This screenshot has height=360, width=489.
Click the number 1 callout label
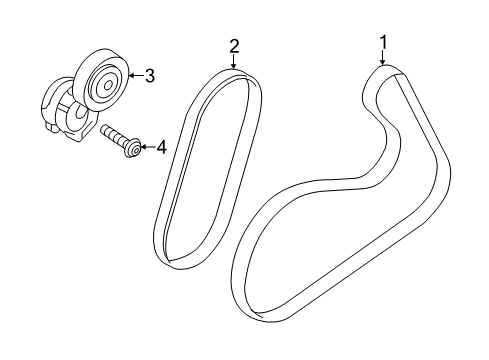click(381, 41)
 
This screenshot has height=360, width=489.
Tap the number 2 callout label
click(234, 45)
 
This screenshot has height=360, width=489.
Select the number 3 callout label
click(149, 74)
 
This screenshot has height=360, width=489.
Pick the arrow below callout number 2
click(234, 62)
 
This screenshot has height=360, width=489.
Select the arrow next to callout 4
click(145, 148)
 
